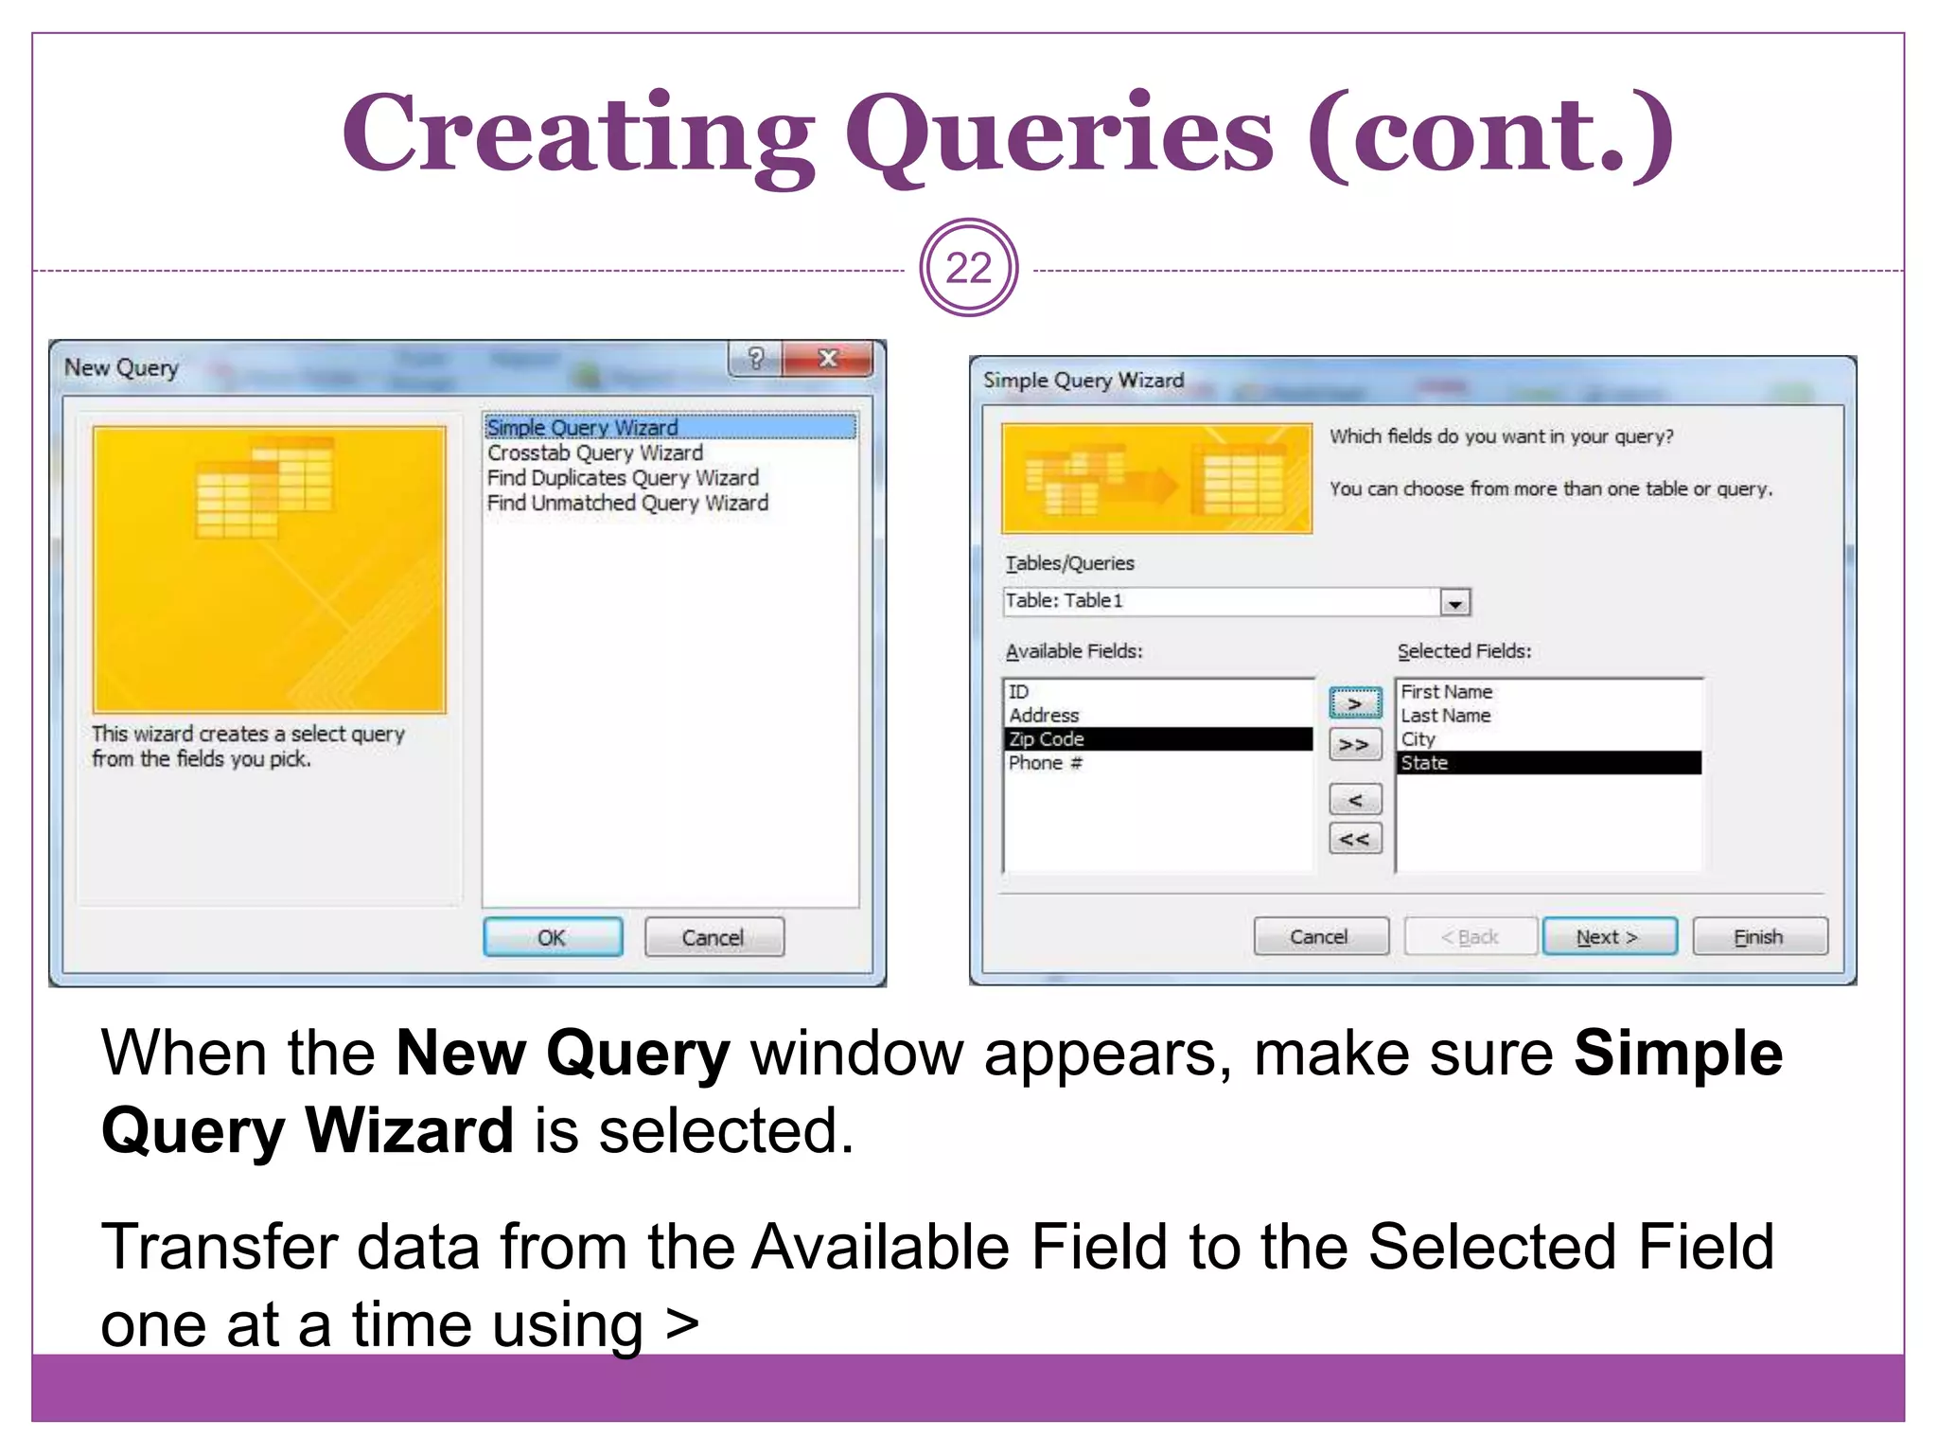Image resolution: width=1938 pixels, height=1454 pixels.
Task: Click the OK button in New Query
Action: (x=553, y=937)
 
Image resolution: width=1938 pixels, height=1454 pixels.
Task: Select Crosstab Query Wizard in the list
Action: (x=595, y=453)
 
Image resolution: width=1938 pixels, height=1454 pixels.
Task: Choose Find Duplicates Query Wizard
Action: (x=623, y=478)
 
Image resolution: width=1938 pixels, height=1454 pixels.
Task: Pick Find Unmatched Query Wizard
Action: (x=627, y=504)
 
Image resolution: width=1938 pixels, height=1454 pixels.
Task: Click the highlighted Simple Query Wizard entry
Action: (x=582, y=428)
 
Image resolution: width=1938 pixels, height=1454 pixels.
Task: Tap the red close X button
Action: (x=828, y=359)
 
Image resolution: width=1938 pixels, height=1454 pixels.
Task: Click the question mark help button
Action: (x=755, y=359)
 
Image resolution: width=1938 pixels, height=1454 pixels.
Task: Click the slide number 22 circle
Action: (x=968, y=269)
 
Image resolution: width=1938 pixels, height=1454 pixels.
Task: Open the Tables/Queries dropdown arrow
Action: (x=1455, y=602)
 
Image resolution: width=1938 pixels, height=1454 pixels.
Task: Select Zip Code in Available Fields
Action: (x=1047, y=739)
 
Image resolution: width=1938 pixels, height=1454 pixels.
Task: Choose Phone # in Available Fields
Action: (x=1045, y=763)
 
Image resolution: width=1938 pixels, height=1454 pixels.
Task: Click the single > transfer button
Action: (x=1355, y=704)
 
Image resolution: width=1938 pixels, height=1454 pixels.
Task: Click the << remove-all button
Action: (x=1355, y=840)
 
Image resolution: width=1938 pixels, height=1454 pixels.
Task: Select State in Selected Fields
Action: (x=1424, y=763)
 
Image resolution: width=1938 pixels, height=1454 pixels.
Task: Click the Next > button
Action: (x=1609, y=937)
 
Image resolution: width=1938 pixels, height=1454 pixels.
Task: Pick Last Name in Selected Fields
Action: (x=1446, y=716)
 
